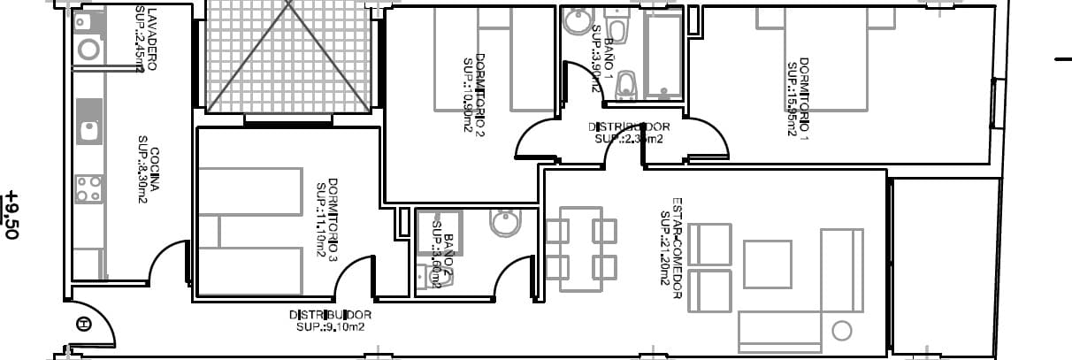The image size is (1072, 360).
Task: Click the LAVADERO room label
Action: (153, 39)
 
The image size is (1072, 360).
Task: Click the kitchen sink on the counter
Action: (88, 130)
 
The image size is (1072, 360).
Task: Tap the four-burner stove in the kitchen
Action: (88, 188)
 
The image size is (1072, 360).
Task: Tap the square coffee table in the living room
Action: (767, 264)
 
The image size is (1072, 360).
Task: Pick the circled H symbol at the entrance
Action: (84, 324)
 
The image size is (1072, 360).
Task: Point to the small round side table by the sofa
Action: (841, 332)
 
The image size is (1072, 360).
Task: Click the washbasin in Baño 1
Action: (578, 19)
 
